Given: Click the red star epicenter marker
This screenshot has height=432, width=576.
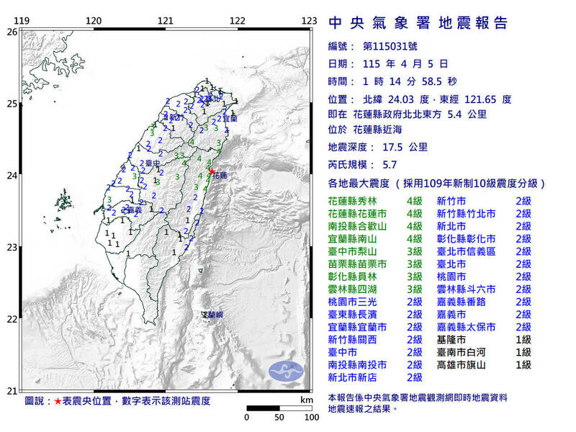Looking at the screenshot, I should tap(212, 171).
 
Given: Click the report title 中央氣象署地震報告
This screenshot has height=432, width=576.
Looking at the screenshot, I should tap(418, 23).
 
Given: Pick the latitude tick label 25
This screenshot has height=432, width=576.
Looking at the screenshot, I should tap(12, 104).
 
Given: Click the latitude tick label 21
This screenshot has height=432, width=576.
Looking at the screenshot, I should tap(12, 391).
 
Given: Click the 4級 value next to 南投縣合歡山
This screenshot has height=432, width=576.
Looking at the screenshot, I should tap(414, 226).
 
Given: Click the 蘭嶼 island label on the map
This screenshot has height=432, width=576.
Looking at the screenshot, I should tap(212, 315).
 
